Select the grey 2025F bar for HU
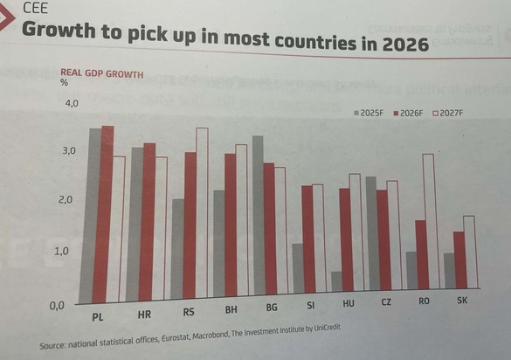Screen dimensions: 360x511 click(x=336, y=281)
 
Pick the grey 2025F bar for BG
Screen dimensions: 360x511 click(x=258, y=215)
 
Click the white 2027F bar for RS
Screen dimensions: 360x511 click(x=202, y=213)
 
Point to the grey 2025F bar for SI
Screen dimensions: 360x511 click(x=298, y=268)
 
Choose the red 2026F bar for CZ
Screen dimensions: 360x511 click(x=383, y=239)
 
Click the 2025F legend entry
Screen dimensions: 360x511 click(x=370, y=113)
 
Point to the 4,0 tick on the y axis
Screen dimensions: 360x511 click(x=69, y=104)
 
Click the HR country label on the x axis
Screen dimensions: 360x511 click(x=145, y=315)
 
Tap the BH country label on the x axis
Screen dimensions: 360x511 click(x=231, y=310)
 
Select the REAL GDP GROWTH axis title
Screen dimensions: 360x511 click(x=101, y=73)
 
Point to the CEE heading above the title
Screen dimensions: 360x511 click(x=36, y=10)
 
